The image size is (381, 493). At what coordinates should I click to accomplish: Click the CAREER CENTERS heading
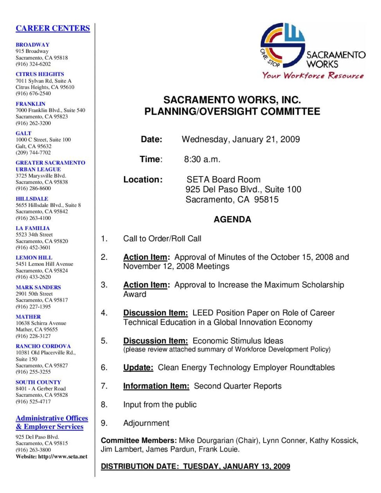(x=53, y=28)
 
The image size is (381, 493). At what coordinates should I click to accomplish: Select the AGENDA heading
(x=232, y=220)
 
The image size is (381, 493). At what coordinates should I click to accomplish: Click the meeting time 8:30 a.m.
(x=202, y=159)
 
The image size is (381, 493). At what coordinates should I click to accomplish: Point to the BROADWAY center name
(x=32, y=45)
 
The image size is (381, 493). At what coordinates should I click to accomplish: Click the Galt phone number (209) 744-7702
(x=33, y=153)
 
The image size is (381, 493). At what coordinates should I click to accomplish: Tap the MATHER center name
(x=28, y=317)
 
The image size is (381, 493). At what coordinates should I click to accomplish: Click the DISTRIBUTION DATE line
(x=195, y=466)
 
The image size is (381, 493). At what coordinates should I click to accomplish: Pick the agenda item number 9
(x=104, y=423)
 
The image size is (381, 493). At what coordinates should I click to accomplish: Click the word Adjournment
(x=146, y=423)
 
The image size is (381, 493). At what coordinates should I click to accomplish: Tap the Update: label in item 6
(x=138, y=367)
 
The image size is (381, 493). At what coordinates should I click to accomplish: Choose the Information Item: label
(x=156, y=386)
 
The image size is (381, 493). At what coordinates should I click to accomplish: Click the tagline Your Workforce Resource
(x=313, y=76)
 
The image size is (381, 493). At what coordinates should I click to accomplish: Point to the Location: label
(x=143, y=180)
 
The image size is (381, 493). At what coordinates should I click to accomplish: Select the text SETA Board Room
(x=223, y=180)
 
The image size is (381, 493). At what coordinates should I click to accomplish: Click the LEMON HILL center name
(x=34, y=257)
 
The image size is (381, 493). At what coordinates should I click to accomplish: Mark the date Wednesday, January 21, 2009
(x=241, y=139)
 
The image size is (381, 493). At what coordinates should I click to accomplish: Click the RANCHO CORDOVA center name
(x=43, y=346)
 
